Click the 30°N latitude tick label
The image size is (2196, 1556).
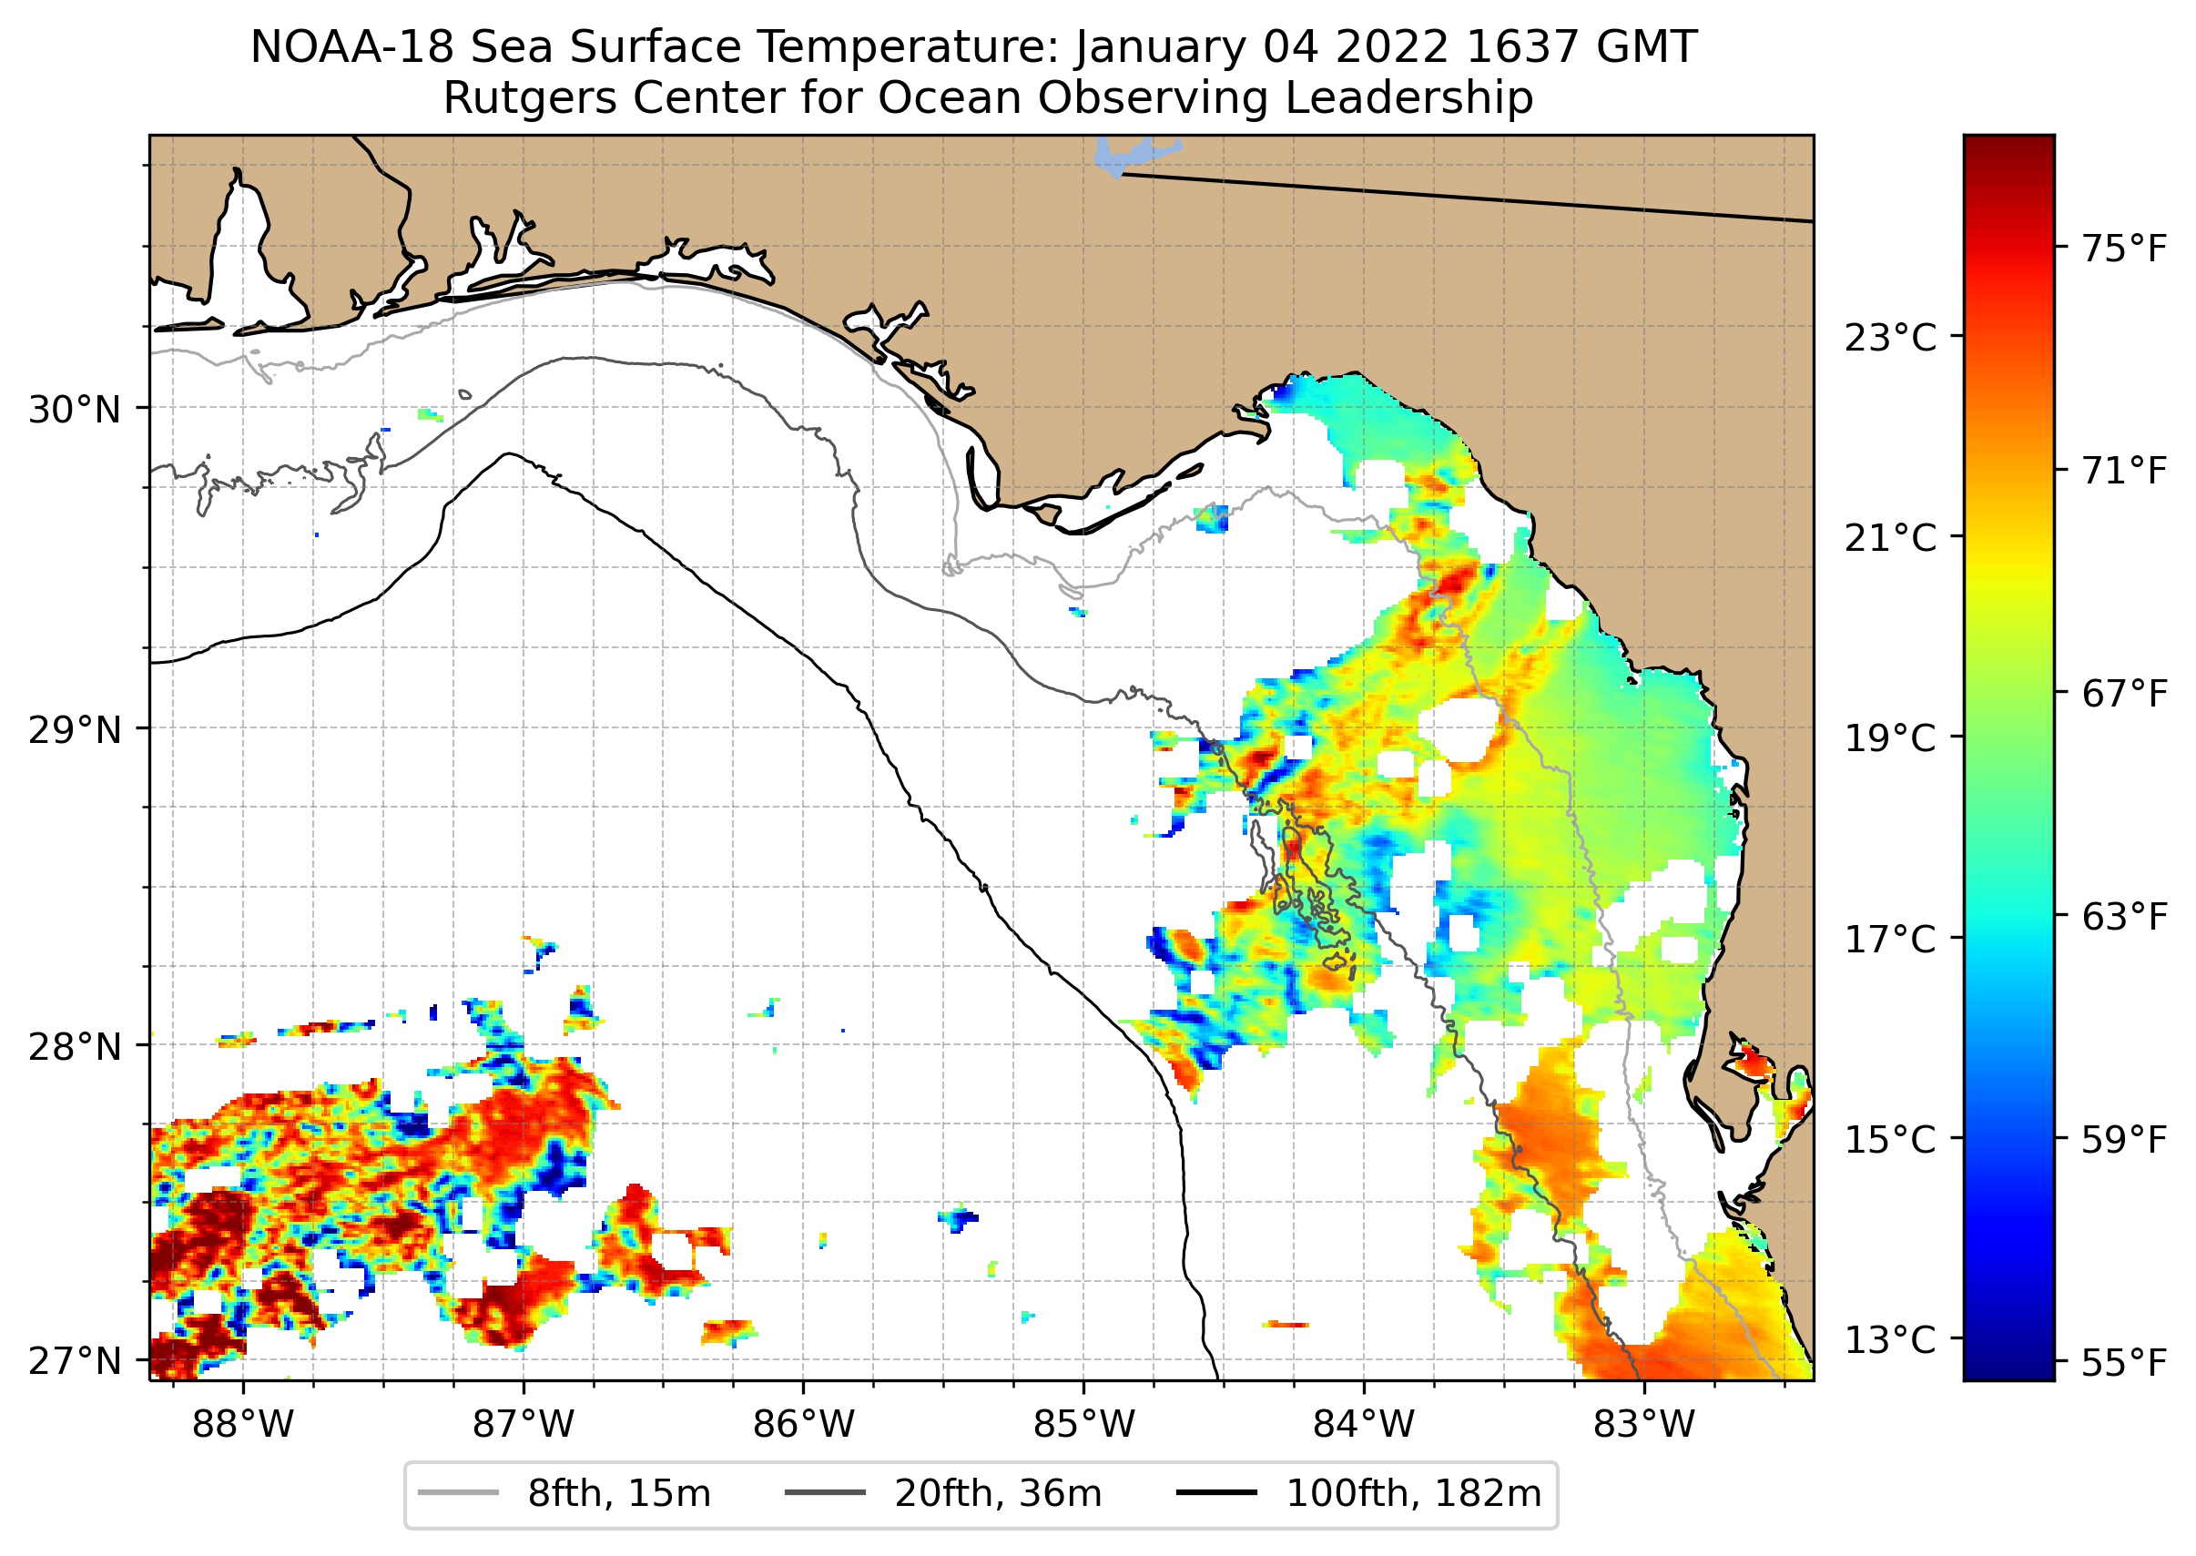click(x=75, y=410)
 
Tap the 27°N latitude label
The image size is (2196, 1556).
click(x=75, y=1360)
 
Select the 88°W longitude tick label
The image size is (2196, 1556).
click(x=242, y=1425)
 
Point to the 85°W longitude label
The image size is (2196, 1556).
click(x=1083, y=1425)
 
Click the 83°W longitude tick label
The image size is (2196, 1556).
click(x=1644, y=1425)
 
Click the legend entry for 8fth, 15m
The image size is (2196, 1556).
click(x=618, y=1494)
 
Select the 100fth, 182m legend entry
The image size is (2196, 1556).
click(x=1412, y=1494)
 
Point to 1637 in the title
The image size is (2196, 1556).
click(x=1521, y=48)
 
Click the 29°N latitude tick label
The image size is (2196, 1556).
click(x=75, y=730)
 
